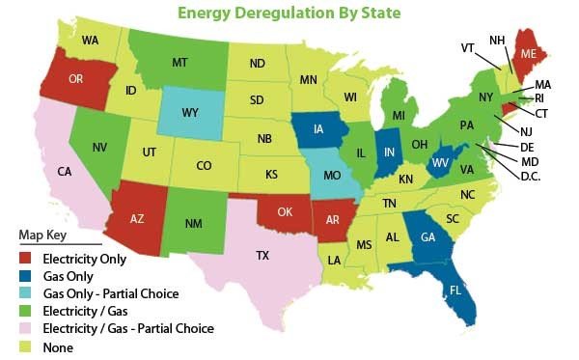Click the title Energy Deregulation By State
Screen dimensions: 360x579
(x=289, y=14)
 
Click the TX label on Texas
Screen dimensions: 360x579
(x=262, y=256)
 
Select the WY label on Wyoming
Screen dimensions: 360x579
(x=190, y=113)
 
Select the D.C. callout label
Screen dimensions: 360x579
(x=530, y=177)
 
